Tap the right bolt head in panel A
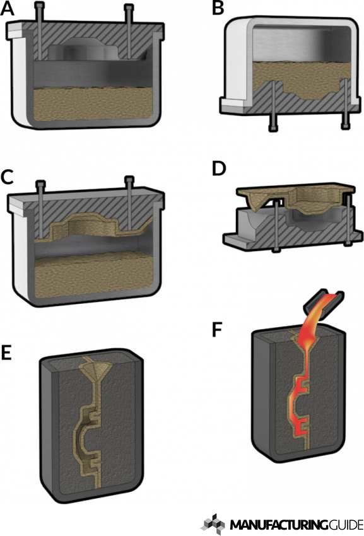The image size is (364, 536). click(130, 8)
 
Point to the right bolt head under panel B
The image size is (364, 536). click(345, 129)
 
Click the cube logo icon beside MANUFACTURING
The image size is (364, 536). click(213, 523)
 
